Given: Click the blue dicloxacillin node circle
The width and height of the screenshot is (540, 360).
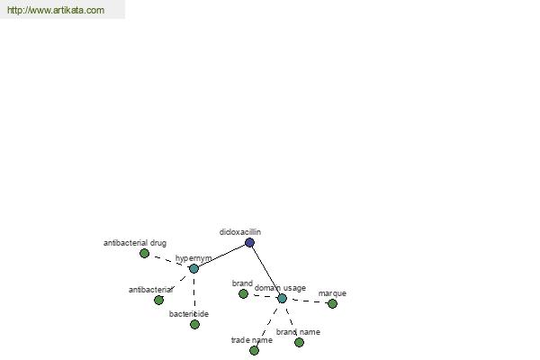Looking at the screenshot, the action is point(249,242).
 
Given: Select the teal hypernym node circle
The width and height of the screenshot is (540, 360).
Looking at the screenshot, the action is point(193,268).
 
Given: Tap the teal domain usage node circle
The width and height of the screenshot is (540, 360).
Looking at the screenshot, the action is point(282,298).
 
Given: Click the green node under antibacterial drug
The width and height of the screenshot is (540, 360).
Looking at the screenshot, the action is point(144,253).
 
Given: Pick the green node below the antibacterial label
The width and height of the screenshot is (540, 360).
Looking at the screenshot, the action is point(158,300).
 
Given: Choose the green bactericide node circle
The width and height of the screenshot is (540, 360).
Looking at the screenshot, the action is point(194,324).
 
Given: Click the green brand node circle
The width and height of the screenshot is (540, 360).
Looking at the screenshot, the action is point(243,294).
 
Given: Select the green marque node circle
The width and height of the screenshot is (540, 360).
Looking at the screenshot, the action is point(332,303).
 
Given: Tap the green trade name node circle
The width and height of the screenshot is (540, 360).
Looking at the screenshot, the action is point(254,350).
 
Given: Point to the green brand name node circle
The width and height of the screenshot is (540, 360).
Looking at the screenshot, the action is point(299,342).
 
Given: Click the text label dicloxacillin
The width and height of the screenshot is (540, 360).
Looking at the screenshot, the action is point(240,232).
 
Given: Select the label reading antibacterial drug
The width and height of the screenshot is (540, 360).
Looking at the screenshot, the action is point(135,243).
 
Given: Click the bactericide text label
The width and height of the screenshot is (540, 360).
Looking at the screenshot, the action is point(189,314).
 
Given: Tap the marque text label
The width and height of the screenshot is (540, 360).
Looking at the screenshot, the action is point(332,293).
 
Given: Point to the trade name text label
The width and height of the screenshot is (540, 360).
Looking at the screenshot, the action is point(252,340).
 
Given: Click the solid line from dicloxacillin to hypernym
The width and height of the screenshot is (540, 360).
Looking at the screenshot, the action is point(221,256).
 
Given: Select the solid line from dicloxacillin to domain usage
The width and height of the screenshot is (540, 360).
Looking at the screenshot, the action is point(265,270).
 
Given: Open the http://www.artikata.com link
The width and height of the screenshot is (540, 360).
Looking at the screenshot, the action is point(56,10).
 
